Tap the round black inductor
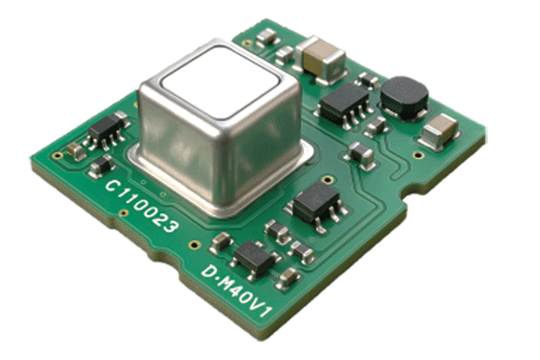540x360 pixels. (405, 98)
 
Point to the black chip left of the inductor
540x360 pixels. (345, 103)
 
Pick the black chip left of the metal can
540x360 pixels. (106, 130)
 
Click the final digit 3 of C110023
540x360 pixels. (170, 226)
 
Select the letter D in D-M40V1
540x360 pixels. (209, 271)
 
